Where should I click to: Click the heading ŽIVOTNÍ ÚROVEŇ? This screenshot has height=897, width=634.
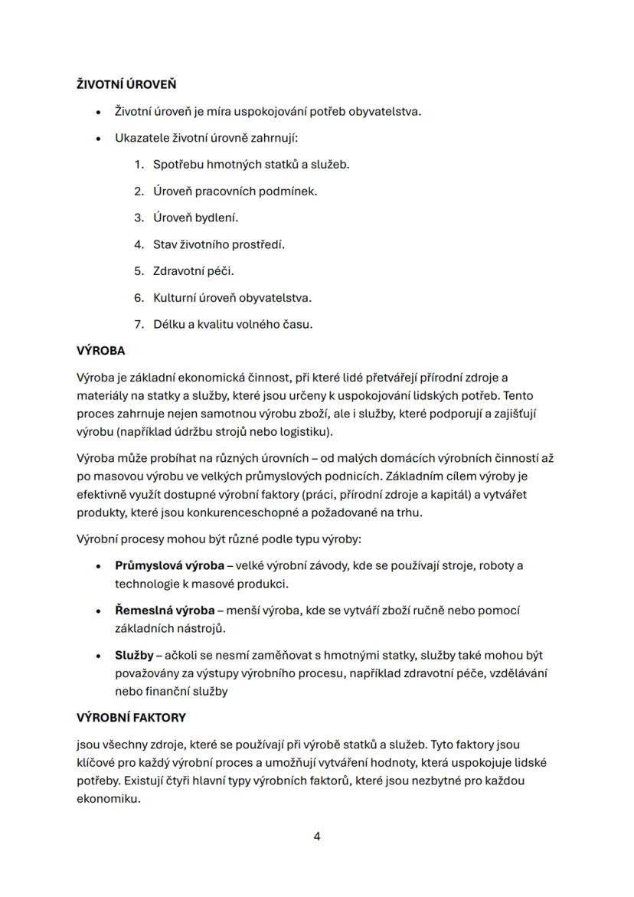pyautogui.click(x=126, y=84)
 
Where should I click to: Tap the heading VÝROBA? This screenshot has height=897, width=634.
pyautogui.click(x=100, y=351)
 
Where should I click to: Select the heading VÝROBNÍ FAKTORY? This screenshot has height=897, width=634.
pyautogui.click(x=131, y=718)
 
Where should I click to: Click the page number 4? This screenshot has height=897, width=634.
pyautogui.click(x=317, y=836)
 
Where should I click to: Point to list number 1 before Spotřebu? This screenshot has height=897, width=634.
pyautogui.click(x=139, y=164)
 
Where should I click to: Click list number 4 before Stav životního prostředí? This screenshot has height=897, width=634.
pyautogui.click(x=139, y=244)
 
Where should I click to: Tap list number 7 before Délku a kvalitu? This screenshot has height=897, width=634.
pyautogui.click(x=139, y=324)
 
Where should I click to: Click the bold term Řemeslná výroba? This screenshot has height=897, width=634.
pyautogui.click(x=165, y=611)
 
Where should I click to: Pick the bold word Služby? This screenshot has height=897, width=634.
pyautogui.click(x=133, y=656)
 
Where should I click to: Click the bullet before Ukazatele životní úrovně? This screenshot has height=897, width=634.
pyautogui.click(x=99, y=138)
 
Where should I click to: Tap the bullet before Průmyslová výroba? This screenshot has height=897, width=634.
pyautogui.click(x=99, y=566)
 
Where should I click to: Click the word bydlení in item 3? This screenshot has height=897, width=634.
pyautogui.click(x=217, y=218)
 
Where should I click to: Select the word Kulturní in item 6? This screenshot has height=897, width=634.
pyautogui.click(x=178, y=297)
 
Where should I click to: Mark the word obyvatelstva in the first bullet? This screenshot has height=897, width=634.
pyautogui.click(x=384, y=111)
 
